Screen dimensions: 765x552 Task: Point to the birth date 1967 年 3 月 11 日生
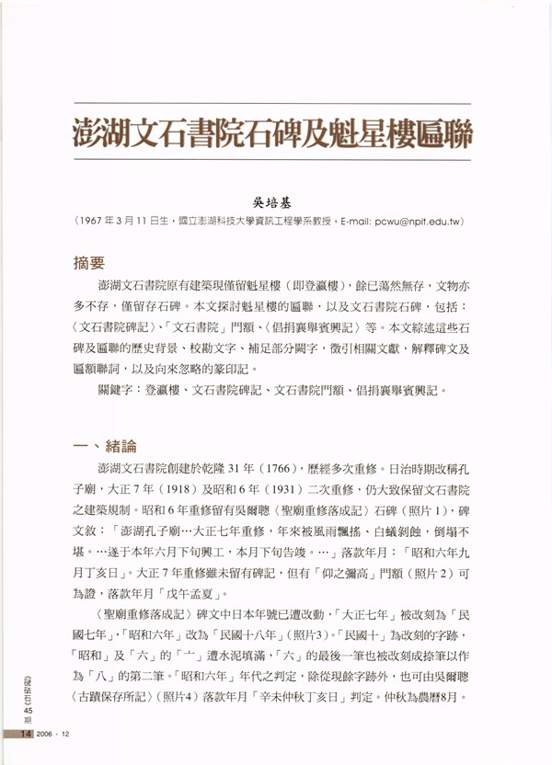point(129,222)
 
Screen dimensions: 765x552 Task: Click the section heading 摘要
point(89,263)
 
